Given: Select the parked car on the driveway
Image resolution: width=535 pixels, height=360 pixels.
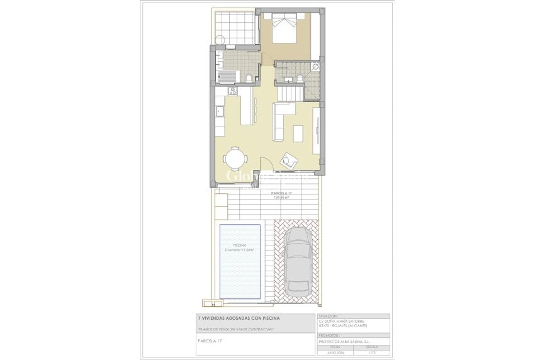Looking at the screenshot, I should (297, 261).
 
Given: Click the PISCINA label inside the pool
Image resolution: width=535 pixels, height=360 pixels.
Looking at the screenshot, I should (239, 245).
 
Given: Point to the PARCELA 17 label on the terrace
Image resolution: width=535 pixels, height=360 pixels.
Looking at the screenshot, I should (282, 193).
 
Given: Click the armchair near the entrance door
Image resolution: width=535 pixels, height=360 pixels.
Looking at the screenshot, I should (288, 160).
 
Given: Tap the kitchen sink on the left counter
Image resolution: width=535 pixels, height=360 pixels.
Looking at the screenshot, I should (220, 113).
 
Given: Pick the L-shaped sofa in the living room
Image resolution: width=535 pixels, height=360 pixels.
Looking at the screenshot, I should (280, 116).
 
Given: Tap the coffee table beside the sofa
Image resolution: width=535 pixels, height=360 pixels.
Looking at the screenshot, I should (298, 133).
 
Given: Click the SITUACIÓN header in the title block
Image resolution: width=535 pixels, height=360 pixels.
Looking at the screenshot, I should (329, 316).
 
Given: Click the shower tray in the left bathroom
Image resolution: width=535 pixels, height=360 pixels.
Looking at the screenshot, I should (227, 77).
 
